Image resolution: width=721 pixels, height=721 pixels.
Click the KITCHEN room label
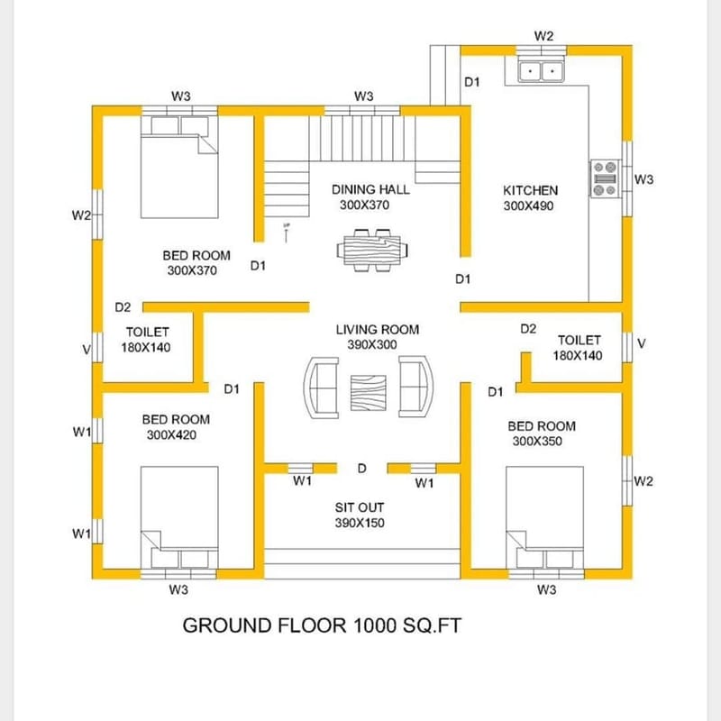[x=530, y=190]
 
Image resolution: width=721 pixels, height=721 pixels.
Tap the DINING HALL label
[x=370, y=189]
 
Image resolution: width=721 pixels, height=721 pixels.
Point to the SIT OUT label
[x=360, y=507]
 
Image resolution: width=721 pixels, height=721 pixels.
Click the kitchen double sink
[x=541, y=69]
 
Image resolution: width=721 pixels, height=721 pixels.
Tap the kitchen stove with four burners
[x=604, y=178]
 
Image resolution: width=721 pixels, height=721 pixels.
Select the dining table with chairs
[x=371, y=249]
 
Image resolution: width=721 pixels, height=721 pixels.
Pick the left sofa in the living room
[x=322, y=387]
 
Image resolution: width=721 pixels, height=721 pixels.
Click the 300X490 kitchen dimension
[x=530, y=205]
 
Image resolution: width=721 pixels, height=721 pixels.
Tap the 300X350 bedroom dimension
[x=541, y=442]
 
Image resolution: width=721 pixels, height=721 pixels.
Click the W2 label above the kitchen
[x=543, y=36]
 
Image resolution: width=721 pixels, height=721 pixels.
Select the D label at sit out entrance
[x=361, y=469]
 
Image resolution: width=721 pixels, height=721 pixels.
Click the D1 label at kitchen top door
[x=472, y=82]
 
